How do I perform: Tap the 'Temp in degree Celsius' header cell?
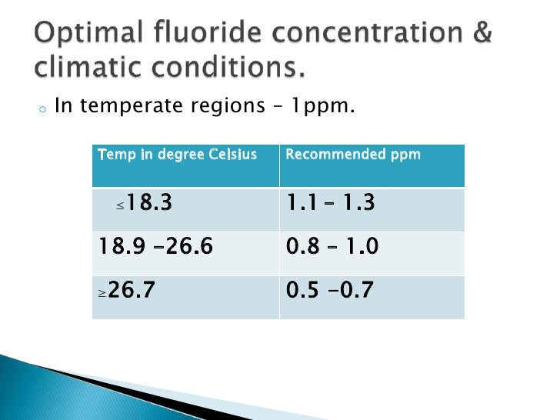pyautogui.click(x=185, y=165)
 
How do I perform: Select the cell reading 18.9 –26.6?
pyautogui.click(x=185, y=248)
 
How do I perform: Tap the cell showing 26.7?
pyautogui.click(x=185, y=292)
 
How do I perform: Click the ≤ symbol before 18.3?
pyautogui.click(x=120, y=207)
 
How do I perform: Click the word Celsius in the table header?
pyautogui.click(x=233, y=155)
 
